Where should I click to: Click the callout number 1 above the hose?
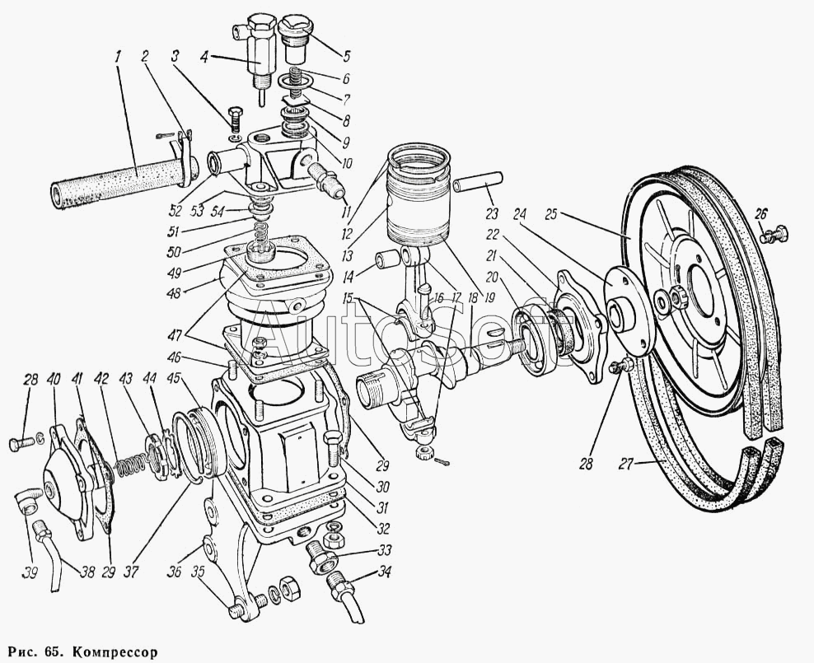click(x=118, y=56)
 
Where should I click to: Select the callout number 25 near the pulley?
click(x=551, y=214)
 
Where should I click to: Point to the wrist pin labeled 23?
click(x=478, y=183)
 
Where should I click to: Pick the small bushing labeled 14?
click(x=388, y=259)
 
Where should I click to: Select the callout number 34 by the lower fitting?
click(x=384, y=572)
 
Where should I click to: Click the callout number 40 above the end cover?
click(x=54, y=379)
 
